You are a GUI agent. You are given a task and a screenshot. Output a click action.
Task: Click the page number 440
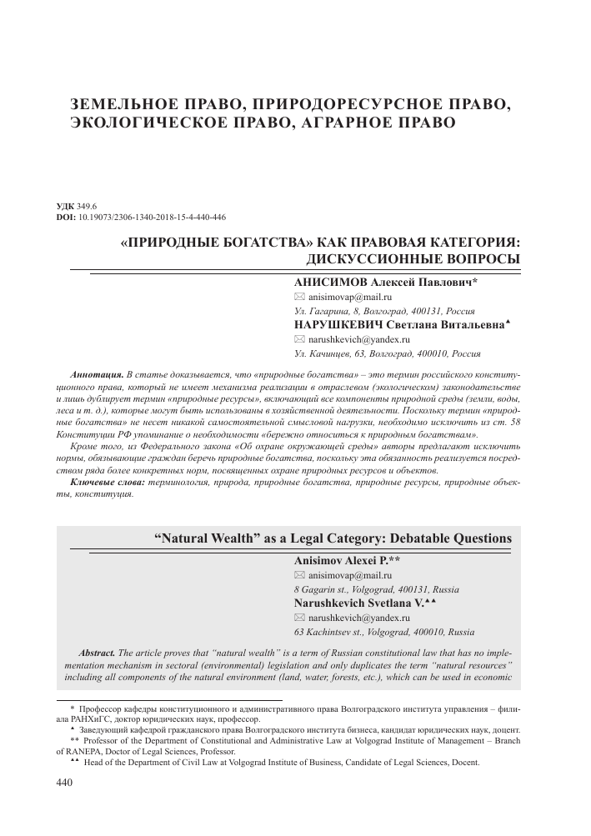64,783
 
